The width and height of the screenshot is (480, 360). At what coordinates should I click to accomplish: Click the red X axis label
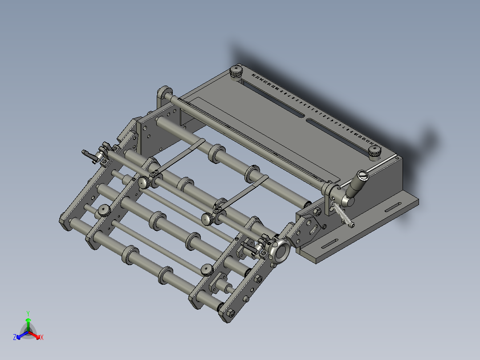tap(41, 337)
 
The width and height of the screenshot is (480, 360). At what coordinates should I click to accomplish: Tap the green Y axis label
tap(28, 313)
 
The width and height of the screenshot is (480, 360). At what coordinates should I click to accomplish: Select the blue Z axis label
tap(15, 338)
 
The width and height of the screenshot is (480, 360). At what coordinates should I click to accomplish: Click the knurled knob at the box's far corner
tap(236, 71)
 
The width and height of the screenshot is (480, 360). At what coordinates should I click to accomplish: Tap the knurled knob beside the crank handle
tap(374, 151)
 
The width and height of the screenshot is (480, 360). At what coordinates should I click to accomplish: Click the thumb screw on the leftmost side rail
tap(104, 210)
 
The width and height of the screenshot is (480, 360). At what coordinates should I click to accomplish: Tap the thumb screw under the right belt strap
tap(207, 219)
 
